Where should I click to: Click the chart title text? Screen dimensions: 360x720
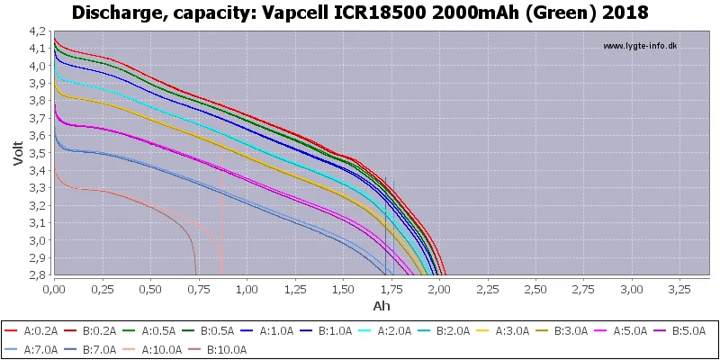coord(360,13)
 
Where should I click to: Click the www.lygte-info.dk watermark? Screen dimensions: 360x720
coord(640,46)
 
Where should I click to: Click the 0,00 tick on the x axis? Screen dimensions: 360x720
coord(54,291)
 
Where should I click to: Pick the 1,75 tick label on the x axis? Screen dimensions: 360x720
coord(391,291)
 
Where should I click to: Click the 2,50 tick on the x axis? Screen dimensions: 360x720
coord(535,291)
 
